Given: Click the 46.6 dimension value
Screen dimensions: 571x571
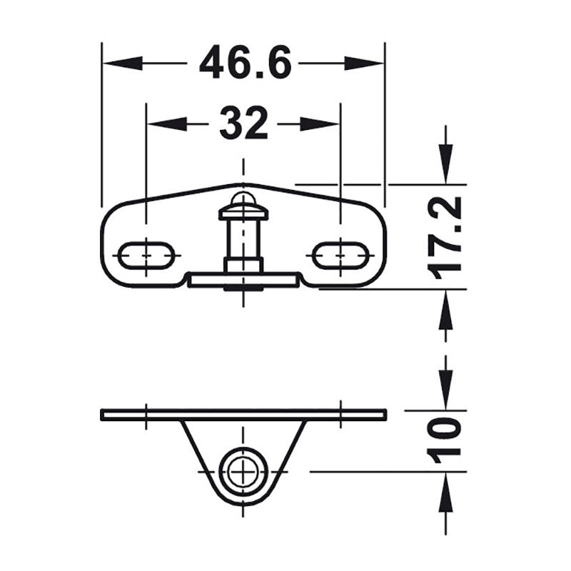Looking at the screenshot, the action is coord(246,62).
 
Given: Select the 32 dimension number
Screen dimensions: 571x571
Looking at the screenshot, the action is coord(243,123).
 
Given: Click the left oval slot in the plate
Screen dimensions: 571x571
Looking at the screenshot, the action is coord(146,256).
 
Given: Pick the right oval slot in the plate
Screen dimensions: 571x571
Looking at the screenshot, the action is coord(340,256).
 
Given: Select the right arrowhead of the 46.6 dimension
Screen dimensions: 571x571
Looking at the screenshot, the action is coord(365,63).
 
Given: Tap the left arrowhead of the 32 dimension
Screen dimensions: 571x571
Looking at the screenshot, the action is coord(167,123).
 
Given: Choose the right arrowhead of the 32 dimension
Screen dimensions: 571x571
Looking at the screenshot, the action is coord(319,123).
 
